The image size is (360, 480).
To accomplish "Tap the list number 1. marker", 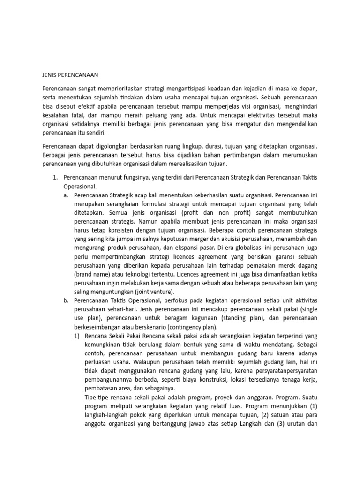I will (54, 178).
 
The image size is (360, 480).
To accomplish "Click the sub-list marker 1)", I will (77, 335).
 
